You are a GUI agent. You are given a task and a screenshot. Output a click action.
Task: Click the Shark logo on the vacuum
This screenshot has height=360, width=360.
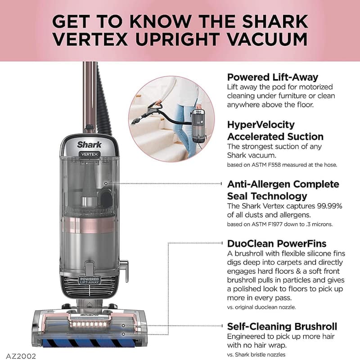tap(90, 145)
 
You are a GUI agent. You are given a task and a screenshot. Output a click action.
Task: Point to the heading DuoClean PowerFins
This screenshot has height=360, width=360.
tap(276, 243)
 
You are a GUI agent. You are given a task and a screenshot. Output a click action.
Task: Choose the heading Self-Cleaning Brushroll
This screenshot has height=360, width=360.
tap(282, 326)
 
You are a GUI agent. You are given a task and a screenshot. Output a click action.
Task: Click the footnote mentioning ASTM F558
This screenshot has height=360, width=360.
tap(282, 165)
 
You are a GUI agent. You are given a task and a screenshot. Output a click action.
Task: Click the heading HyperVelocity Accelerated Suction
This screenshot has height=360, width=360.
tap(275, 130)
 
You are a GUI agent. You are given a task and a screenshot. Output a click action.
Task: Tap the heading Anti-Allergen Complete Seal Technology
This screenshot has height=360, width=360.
tap(283, 190)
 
